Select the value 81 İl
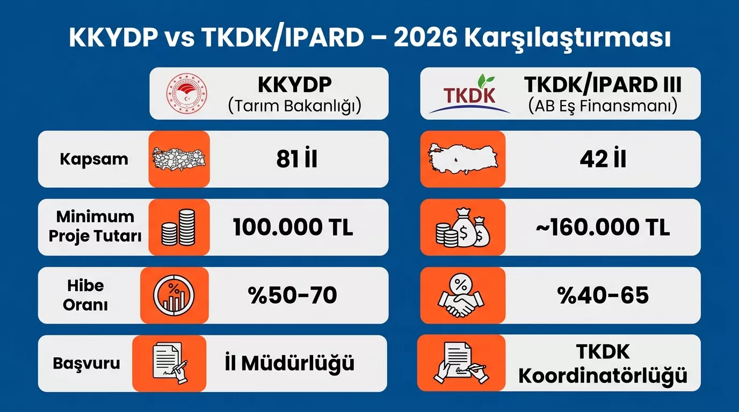(297, 159)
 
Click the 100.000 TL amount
(293, 227)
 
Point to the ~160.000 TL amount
(603, 227)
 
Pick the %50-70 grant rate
(293, 295)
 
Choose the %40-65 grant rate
(604, 295)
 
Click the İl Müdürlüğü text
(289, 363)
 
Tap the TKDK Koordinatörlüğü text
(603, 364)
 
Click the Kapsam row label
(94, 159)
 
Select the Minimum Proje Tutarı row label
(95, 226)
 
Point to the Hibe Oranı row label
(85, 295)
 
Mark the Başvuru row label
(86, 363)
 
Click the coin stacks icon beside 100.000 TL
(179, 227)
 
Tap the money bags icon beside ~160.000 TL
(462, 228)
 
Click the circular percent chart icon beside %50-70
(174, 296)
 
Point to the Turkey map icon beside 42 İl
(463, 159)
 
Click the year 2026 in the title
(424, 38)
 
